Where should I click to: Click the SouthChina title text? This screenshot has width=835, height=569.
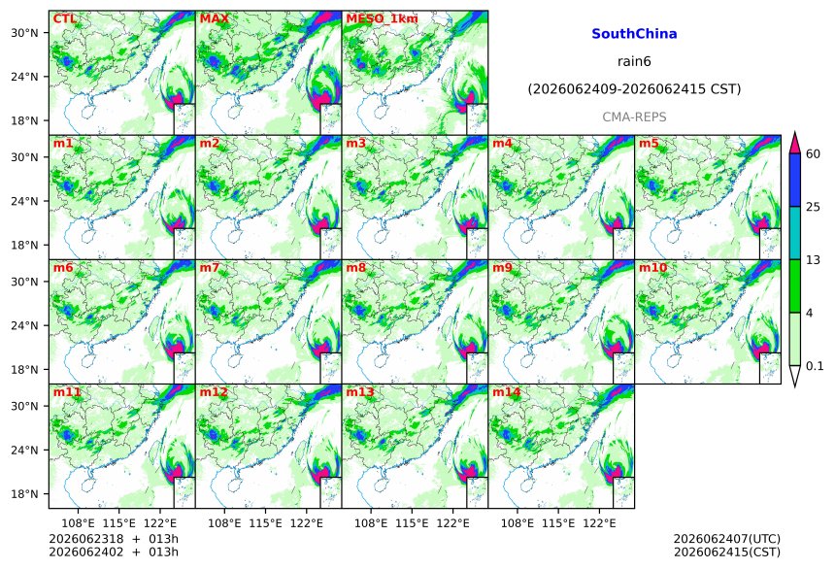634,34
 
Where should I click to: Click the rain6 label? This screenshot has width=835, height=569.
634,61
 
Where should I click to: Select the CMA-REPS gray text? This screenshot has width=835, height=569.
634,117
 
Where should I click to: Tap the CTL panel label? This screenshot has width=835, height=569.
64,19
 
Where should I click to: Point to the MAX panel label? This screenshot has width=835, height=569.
214,19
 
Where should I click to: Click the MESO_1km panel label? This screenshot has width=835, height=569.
382,19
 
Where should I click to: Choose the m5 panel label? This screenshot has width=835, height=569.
649,144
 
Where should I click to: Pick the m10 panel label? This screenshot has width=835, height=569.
652,268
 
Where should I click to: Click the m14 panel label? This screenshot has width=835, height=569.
506,392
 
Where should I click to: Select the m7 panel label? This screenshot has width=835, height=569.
210,268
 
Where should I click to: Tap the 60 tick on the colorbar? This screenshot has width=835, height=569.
814,154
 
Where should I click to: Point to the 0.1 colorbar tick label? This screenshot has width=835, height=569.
815,366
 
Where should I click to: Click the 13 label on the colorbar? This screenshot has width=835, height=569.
814,260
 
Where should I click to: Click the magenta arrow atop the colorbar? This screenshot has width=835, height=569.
795,142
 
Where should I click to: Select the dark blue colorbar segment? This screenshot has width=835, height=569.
795,180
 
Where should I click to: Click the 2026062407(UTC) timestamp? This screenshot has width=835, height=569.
727,539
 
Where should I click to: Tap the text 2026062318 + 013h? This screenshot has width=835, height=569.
114,539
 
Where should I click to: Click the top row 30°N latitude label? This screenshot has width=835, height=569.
24,33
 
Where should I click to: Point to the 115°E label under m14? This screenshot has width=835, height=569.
558,523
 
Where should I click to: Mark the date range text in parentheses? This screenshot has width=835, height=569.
634,89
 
